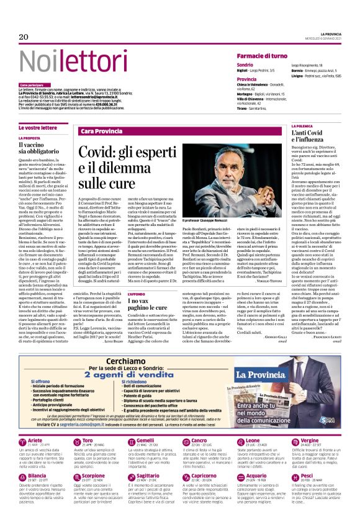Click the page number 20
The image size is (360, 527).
point(24,37)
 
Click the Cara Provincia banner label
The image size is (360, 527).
point(102,132)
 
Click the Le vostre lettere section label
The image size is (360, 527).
point(37,127)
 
